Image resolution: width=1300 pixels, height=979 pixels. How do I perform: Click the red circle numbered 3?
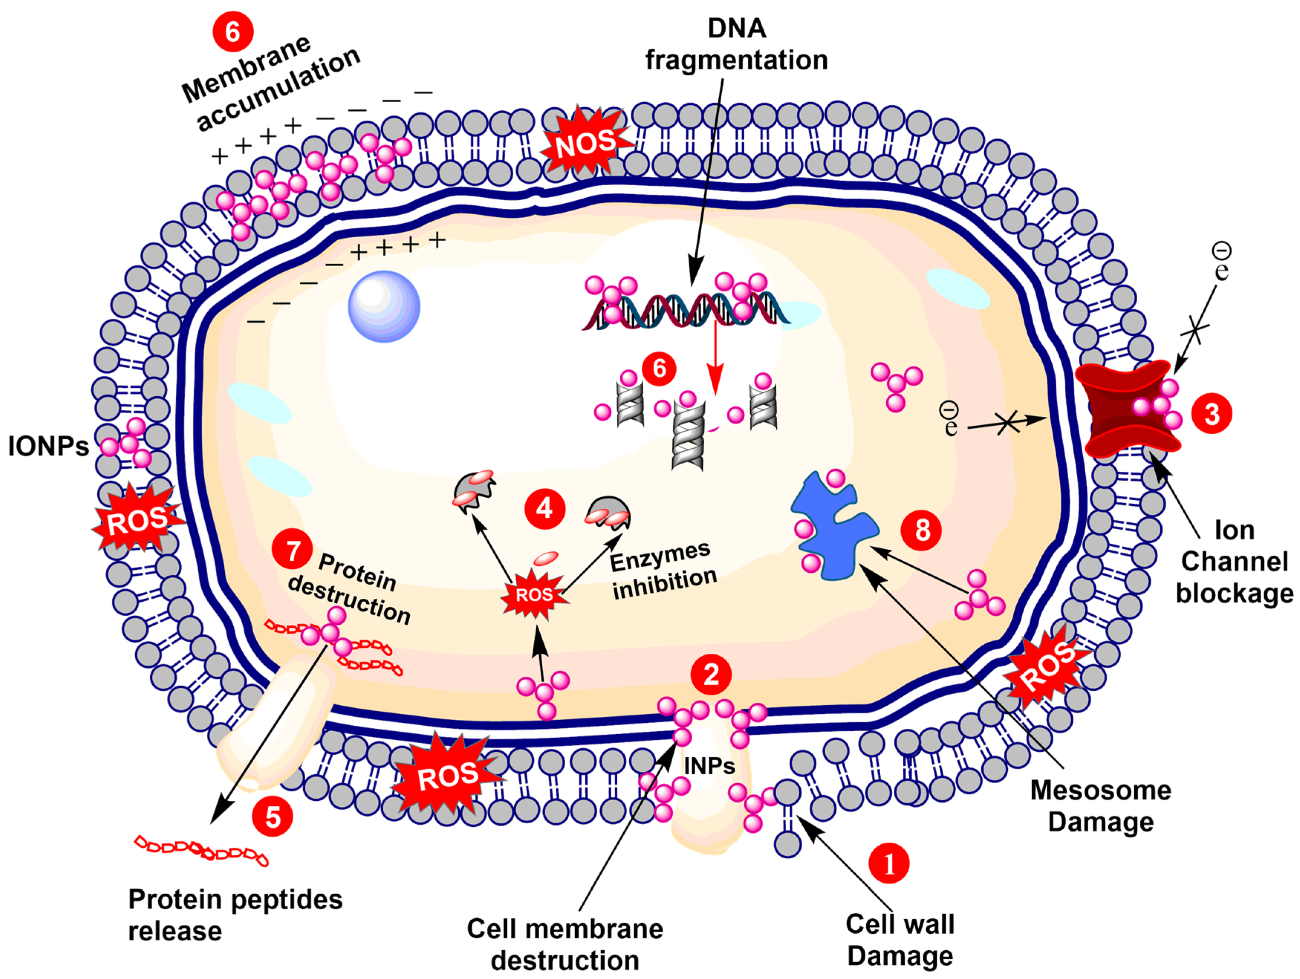pyautogui.click(x=1211, y=414)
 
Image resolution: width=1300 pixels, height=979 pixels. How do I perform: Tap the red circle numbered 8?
pyautogui.click(x=921, y=530)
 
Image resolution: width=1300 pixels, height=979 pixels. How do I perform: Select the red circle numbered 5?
pyautogui.click(x=273, y=817)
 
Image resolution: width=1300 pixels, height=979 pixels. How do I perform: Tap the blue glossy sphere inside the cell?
pyautogui.click(x=384, y=306)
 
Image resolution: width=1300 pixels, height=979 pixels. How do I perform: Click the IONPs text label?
pyautogui.click(x=48, y=446)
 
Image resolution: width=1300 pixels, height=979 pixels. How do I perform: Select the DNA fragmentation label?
pyautogui.click(x=737, y=44)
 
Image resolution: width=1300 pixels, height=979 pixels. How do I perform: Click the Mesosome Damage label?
pyautogui.click(x=1100, y=806)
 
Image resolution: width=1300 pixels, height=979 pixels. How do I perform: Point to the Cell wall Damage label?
pyautogui.click(x=900, y=940)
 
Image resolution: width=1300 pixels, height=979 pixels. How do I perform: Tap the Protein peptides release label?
pyautogui.click(x=235, y=915)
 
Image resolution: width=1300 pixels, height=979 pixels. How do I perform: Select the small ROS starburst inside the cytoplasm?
pyautogui.click(x=534, y=595)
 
